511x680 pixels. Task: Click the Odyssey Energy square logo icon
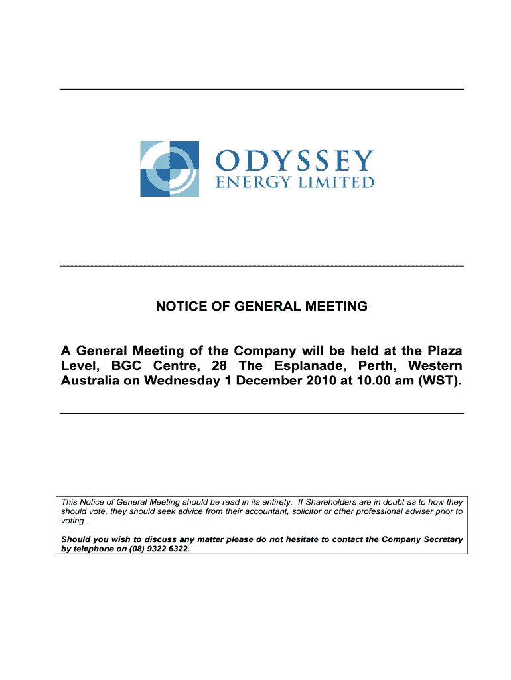point(169,169)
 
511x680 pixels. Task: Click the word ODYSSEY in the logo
point(295,161)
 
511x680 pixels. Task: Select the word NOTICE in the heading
point(177,307)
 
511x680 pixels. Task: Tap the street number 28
point(219,366)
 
